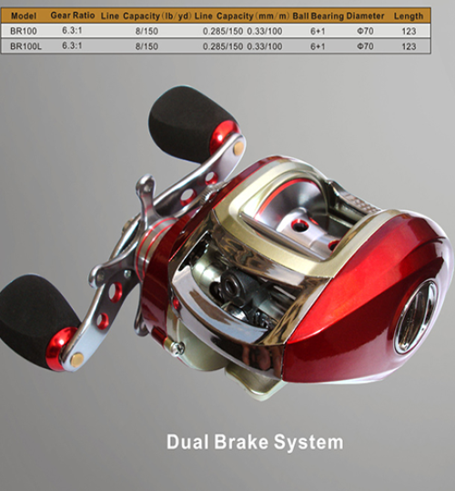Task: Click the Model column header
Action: tap(24, 15)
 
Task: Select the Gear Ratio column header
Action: tap(73, 15)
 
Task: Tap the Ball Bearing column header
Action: tap(318, 16)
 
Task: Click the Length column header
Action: tap(409, 16)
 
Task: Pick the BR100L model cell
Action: tap(25, 46)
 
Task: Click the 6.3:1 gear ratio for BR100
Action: tap(72, 31)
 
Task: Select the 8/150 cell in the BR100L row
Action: tap(147, 46)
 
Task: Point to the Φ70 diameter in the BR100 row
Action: tap(365, 31)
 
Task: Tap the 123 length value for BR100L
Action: tap(409, 46)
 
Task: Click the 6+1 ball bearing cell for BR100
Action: tap(318, 31)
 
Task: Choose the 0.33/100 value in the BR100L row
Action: tap(265, 46)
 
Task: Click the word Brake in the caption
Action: tap(241, 442)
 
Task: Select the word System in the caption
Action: tap(308, 443)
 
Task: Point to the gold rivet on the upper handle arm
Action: tap(238, 145)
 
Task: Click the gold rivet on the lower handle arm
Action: tap(76, 359)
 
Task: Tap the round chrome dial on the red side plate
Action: tap(415, 317)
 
